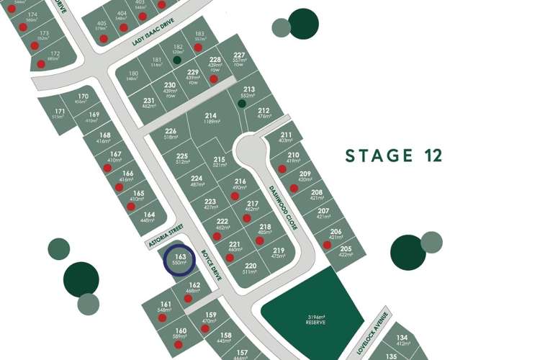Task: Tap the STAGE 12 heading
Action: (x=393, y=156)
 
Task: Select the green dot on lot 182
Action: (x=177, y=60)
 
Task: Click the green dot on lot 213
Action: (x=243, y=104)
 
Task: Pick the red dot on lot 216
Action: (x=235, y=195)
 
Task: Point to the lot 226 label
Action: (x=171, y=130)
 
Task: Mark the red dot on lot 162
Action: (x=189, y=298)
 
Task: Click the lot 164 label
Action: (x=148, y=215)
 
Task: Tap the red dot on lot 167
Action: (x=107, y=168)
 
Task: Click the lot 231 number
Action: (x=149, y=100)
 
